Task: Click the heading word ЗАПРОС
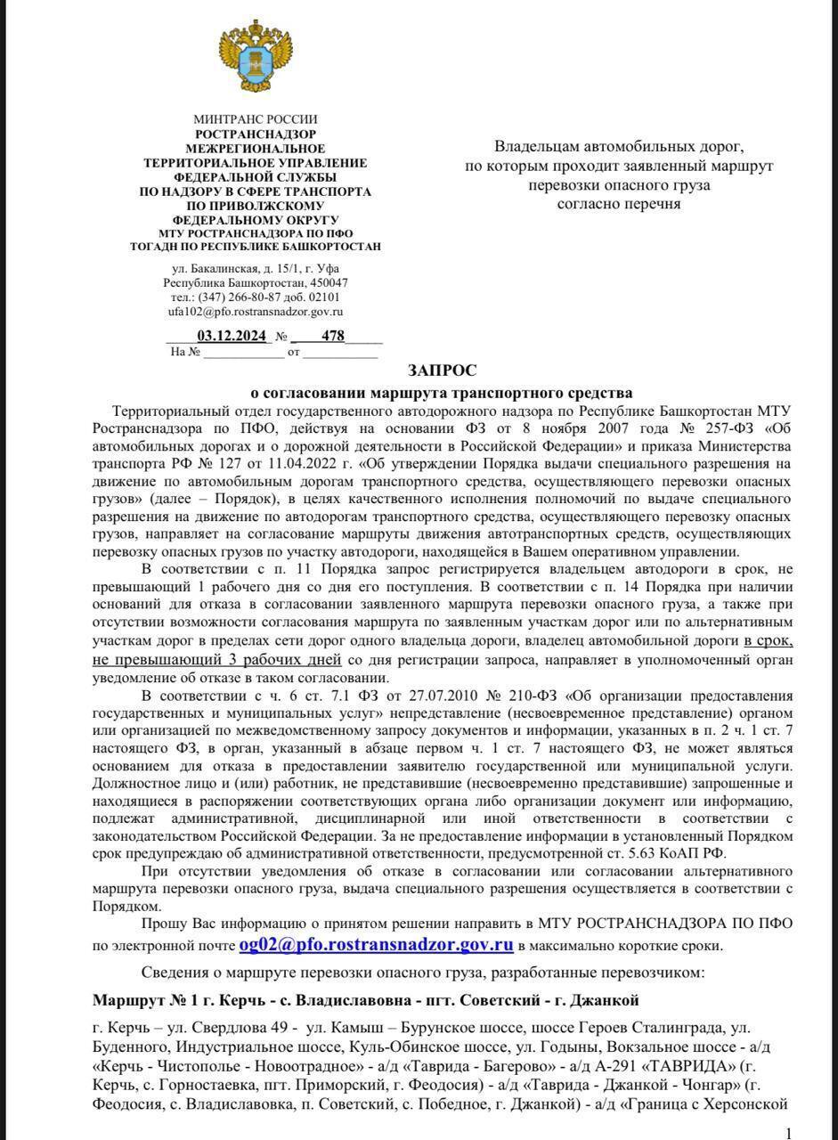pos(443,370)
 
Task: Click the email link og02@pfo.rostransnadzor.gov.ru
pos(376,945)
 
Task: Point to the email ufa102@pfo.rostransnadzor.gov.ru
pos(255,312)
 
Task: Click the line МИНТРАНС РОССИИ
pos(255,119)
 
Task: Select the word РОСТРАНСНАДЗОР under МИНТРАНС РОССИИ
pos(255,134)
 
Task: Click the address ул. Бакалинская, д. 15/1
pos(232,268)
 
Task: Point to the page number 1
pos(788,1133)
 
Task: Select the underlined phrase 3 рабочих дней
pos(294,660)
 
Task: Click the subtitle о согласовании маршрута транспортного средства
pos(442,393)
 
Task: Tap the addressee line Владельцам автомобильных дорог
pos(618,146)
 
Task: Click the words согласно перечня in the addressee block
pos(618,204)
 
